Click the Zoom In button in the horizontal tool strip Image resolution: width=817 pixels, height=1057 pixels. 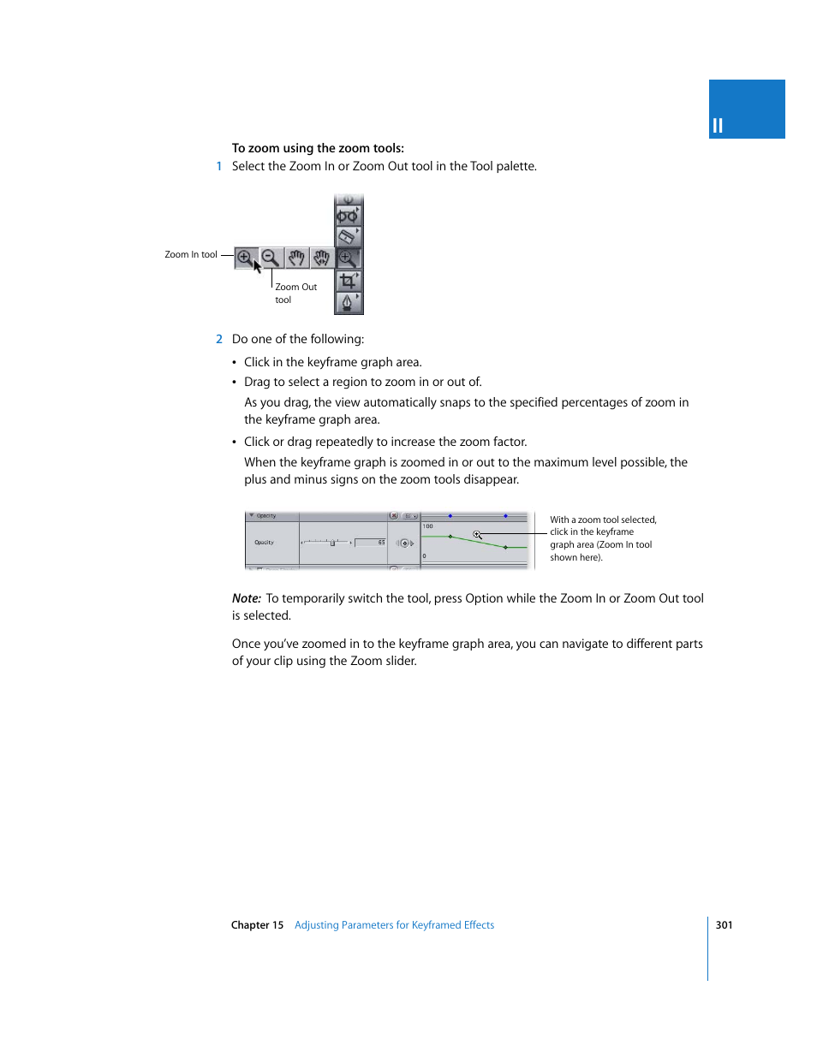pyautogui.click(x=245, y=257)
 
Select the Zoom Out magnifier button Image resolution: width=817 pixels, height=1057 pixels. pyautogui.click(x=271, y=257)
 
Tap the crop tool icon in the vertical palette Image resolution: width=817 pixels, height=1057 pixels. pyautogui.click(x=348, y=280)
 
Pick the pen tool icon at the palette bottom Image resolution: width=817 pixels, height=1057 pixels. pyautogui.click(x=348, y=303)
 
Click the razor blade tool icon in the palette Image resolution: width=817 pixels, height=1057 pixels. pyautogui.click(x=348, y=236)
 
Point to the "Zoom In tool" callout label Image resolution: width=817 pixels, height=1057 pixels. pyautogui.click(x=191, y=255)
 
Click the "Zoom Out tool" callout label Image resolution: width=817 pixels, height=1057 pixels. pyautogui.click(x=295, y=294)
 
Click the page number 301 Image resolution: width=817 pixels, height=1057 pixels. pyautogui.click(x=724, y=925)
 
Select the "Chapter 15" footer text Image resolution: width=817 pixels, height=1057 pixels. pyautogui.click(x=257, y=925)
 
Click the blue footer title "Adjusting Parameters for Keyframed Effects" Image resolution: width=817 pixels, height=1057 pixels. pyautogui.click(x=394, y=925)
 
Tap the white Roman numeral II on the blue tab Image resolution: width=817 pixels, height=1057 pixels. pyautogui.click(x=718, y=126)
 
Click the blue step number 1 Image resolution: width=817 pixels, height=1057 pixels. pyautogui.click(x=219, y=167)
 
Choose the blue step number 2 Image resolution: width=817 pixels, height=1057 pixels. pyautogui.click(x=219, y=340)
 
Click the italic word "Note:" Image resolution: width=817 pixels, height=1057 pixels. pyautogui.click(x=247, y=599)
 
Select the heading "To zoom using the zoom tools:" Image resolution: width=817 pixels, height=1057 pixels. pyautogui.click(x=318, y=148)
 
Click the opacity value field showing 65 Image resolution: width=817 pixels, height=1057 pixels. pyautogui.click(x=371, y=543)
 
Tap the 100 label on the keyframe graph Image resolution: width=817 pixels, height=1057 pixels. pyautogui.click(x=427, y=526)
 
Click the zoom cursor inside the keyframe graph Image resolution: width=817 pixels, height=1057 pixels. pyautogui.click(x=477, y=535)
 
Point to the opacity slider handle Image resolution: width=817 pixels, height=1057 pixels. pyautogui.click(x=332, y=543)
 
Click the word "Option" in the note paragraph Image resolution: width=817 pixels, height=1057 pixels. pyautogui.click(x=484, y=599)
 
